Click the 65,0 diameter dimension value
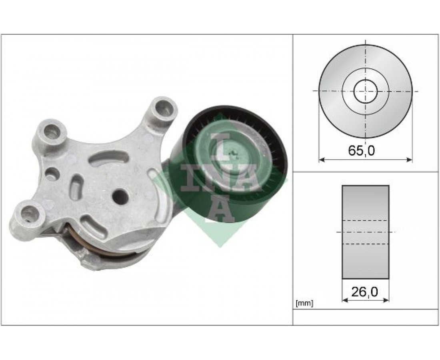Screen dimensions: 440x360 (361, 151)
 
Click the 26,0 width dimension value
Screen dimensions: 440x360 (364, 292)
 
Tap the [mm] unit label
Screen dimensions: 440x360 (304, 303)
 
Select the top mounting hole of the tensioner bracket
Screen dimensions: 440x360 (163, 108)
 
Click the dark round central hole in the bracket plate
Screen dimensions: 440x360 (120, 196)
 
